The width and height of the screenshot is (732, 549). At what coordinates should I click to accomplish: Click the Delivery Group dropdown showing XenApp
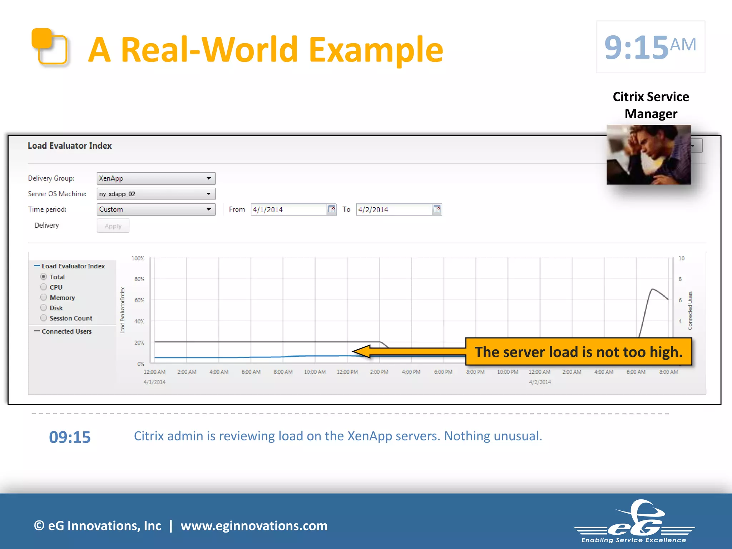156,178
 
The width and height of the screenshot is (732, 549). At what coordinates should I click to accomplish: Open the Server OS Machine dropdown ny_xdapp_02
156,194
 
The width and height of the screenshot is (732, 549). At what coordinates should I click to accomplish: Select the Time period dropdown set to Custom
156,209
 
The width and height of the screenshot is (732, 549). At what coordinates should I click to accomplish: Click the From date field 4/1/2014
289,209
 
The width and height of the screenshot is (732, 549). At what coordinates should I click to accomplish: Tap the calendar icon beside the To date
437,209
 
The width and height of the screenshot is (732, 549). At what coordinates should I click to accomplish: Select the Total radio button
44,277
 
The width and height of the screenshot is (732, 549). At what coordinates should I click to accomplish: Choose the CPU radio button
44,287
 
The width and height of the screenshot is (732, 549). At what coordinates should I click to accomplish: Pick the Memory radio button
44,297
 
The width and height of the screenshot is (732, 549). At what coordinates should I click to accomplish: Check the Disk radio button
44,308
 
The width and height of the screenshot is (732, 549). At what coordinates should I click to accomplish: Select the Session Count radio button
44,318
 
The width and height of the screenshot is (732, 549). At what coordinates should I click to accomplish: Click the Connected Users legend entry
66,331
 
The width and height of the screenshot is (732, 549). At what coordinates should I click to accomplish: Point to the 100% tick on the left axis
138,258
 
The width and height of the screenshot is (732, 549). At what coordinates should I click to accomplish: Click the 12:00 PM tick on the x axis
347,372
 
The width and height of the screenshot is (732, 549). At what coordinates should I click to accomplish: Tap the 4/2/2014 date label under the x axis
540,382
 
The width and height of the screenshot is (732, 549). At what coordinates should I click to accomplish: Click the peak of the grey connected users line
653,289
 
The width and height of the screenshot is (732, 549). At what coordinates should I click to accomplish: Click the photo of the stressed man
648,154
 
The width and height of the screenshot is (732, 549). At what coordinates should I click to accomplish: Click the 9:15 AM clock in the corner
651,47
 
